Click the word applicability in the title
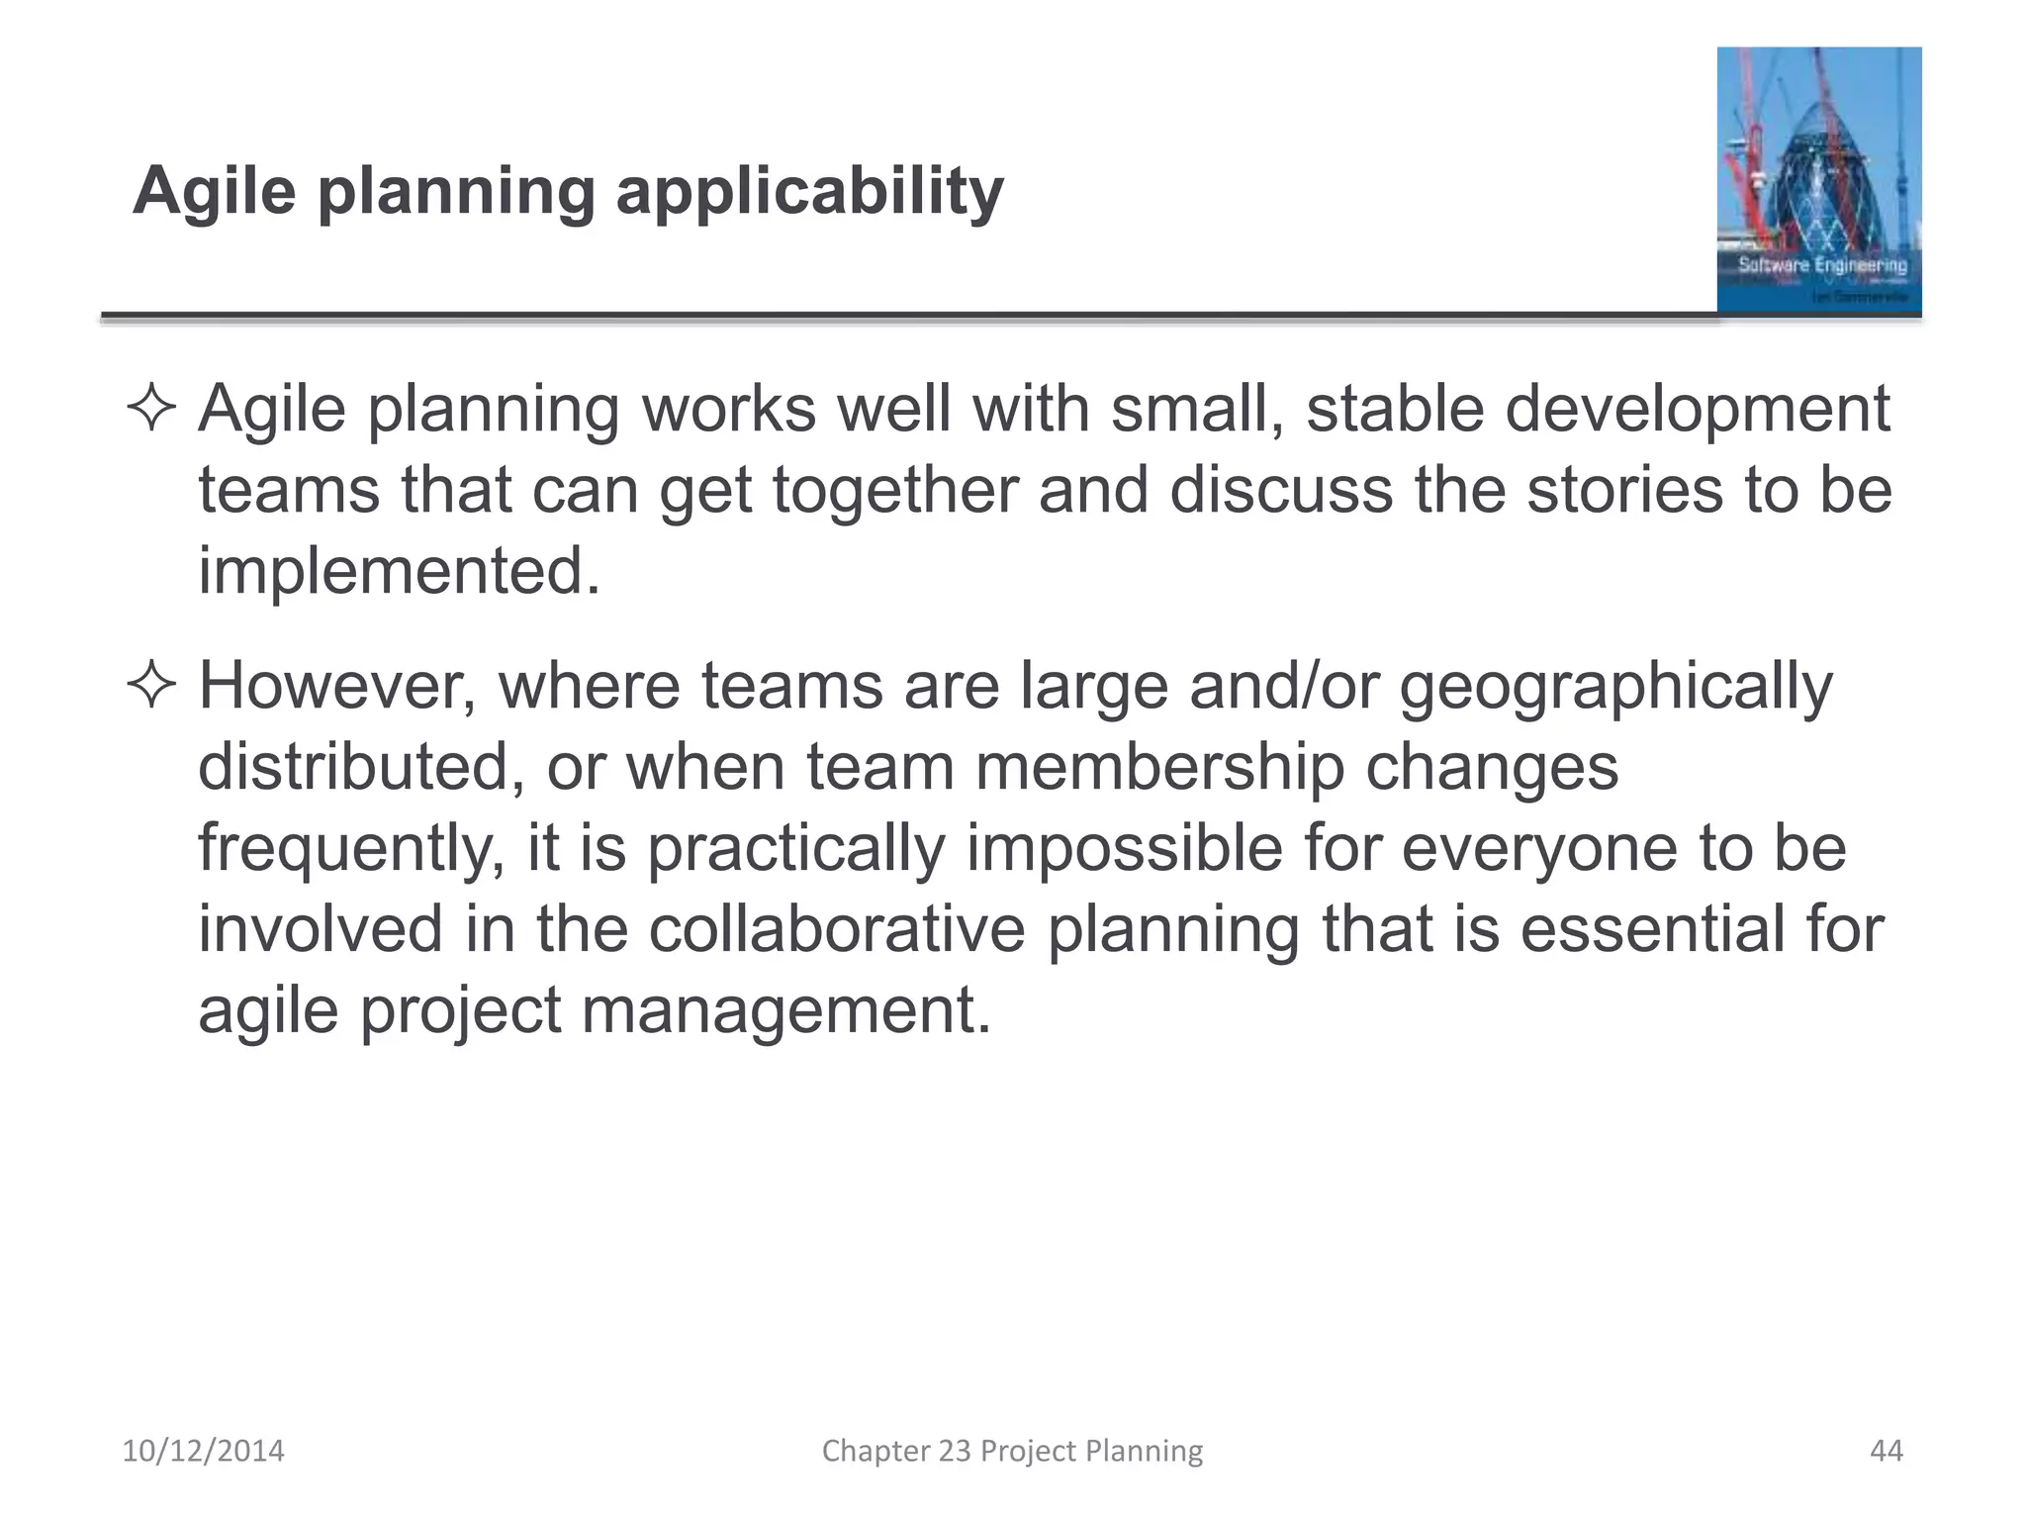(x=809, y=191)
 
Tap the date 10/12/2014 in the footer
(x=203, y=1451)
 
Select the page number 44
(x=1886, y=1451)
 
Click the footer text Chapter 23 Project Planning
(x=1012, y=1451)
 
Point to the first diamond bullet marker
(x=151, y=409)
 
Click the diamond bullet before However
(x=151, y=686)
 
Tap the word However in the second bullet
(x=337, y=686)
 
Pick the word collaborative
(x=837, y=929)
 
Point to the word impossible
(x=1124, y=849)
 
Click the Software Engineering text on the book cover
(x=1822, y=265)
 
